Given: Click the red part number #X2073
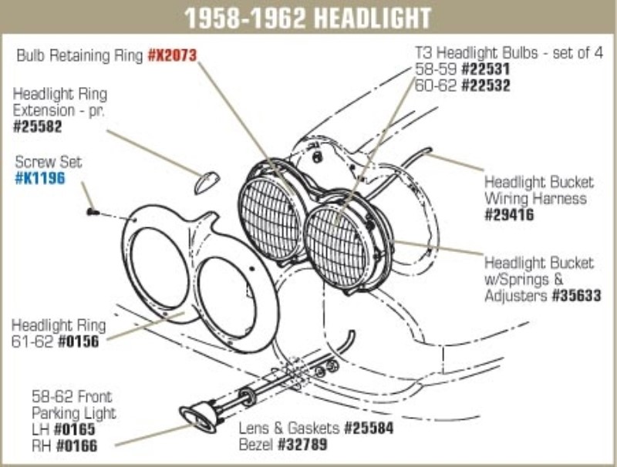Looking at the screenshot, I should [x=172, y=55].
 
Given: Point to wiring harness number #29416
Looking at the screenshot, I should [x=509, y=215].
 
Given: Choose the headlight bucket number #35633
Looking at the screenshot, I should [x=576, y=295].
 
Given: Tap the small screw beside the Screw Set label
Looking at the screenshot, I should [x=91, y=210].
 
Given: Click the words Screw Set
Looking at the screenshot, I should [x=49, y=163].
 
